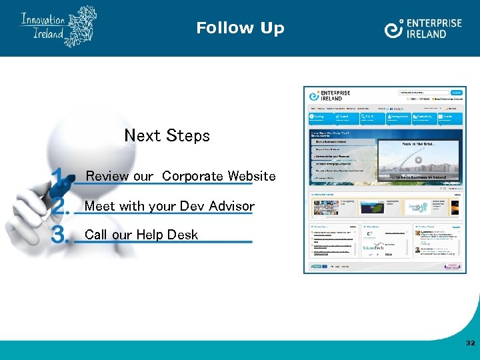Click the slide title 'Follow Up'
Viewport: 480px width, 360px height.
(240, 28)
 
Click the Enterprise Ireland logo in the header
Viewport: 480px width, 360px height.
(423, 28)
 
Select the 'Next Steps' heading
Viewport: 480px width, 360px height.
(167, 136)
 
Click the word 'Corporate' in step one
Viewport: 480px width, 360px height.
(192, 176)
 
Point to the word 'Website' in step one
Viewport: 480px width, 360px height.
(251, 176)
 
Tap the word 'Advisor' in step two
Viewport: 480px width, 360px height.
(231, 206)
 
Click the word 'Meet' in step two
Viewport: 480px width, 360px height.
(97, 206)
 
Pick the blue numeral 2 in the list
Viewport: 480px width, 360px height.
(61, 206)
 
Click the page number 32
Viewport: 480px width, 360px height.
(471, 343)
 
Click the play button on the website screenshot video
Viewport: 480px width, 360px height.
(419, 160)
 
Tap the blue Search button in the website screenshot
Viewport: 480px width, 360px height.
(457, 93)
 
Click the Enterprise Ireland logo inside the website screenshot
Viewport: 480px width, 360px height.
(326, 95)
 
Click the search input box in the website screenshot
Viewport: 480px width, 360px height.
(424, 93)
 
